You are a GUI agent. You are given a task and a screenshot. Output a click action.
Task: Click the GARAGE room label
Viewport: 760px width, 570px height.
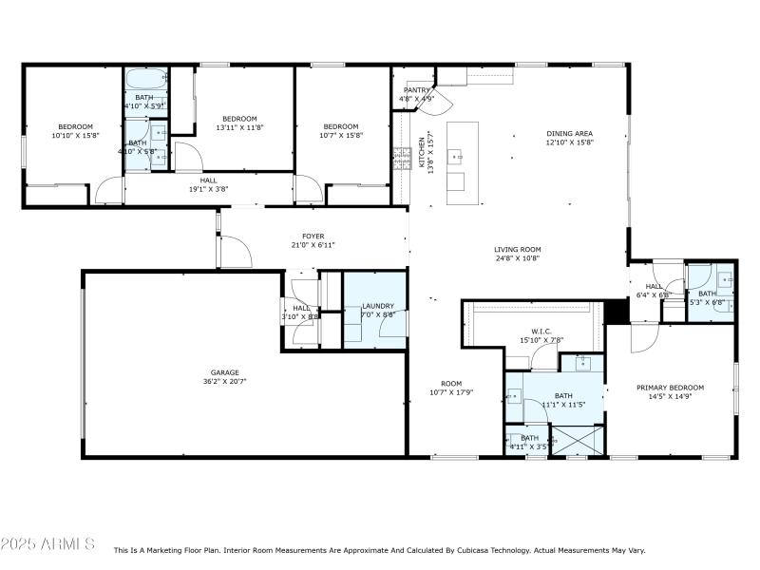(x=224, y=372)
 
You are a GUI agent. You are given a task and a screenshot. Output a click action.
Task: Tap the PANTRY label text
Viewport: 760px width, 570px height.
(x=417, y=90)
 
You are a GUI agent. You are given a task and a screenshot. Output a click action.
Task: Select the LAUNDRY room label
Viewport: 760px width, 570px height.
(x=378, y=306)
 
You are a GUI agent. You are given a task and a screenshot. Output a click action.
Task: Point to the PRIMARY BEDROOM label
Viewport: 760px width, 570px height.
(x=670, y=388)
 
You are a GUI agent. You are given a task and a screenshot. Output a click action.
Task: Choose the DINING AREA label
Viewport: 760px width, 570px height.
(x=569, y=133)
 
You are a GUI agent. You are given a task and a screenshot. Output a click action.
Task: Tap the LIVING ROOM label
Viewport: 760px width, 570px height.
(x=517, y=249)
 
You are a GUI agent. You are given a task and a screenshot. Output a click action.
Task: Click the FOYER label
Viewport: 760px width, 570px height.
(x=313, y=236)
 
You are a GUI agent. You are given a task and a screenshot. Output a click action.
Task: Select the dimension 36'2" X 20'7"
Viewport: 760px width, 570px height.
(x=224, y=381)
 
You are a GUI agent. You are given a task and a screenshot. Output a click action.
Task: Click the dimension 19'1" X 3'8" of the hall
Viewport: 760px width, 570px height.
(x=208, y=188)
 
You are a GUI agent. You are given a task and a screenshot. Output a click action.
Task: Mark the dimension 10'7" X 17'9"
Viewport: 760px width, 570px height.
(x=451, y=392)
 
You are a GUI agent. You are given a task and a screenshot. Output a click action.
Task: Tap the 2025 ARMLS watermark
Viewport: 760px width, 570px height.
(x=47, y=544)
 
